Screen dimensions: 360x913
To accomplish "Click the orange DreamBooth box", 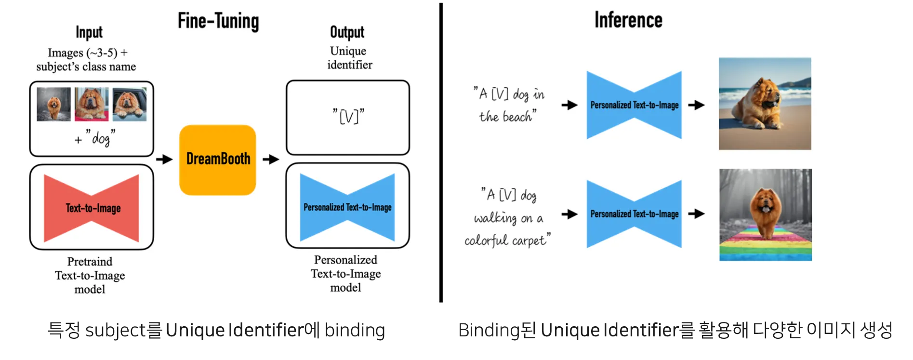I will (x=217, y=160).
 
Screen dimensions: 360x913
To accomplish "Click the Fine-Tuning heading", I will (x=218, y=21).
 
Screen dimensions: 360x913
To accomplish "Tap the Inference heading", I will (x=628, y=20).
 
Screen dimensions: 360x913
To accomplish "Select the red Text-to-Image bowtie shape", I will (x=92, y=208).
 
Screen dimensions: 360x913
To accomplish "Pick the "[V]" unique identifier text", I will (x=348, y=116).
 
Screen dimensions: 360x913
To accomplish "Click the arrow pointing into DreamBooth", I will (x=164, y=159).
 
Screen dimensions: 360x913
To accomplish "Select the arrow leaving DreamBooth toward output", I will (x=271, y=159).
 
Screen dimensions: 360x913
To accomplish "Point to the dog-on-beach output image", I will (x=765, y=104).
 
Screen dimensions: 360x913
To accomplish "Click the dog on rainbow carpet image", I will (x=765, y=214).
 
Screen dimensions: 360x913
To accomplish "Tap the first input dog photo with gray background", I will (x=53, y=104).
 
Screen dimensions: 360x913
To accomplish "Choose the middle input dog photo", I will (x=92, y=104).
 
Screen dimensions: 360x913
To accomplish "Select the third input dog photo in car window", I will (x=130, y=104).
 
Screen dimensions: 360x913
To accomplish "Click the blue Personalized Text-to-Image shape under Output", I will (x=347, y=207).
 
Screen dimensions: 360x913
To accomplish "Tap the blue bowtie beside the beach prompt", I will (x=634, y=105).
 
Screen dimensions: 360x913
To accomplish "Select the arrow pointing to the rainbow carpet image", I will (x=696, y=213).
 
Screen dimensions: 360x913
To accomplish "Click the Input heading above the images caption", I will (x=89, y=32).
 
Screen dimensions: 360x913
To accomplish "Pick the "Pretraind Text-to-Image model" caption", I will (x=90, y=275).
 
